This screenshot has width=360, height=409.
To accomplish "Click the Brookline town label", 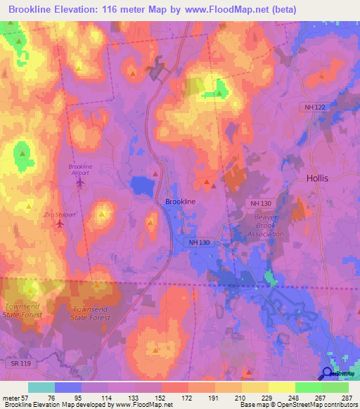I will (180, 202).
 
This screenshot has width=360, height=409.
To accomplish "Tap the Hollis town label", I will (317, 178).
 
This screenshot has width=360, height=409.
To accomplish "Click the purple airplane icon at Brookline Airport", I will (79, 183).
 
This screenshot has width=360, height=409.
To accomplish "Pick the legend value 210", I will (241, 398).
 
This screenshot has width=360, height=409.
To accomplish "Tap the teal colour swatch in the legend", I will (41, 387).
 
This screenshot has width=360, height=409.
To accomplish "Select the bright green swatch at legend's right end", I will (335, 387).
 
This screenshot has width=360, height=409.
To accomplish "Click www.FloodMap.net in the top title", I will (229, 9).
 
